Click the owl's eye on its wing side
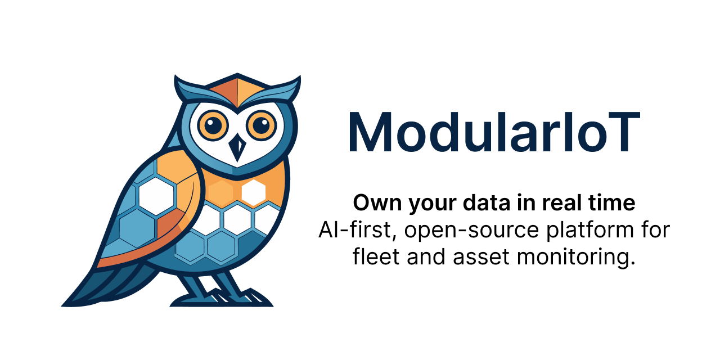tap(213, 124)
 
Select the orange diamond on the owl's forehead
tap(237, 90)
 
